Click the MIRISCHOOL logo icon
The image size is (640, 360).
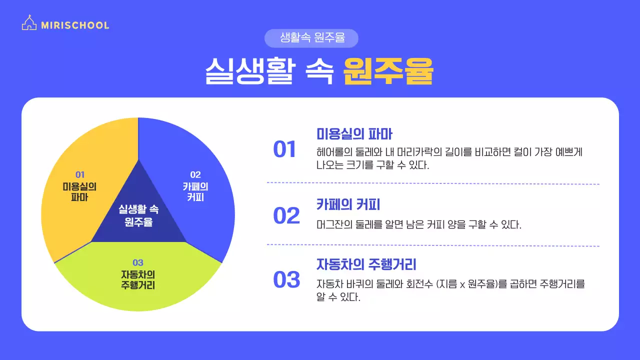tap(29, 23)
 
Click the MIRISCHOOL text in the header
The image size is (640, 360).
tap(75, 25)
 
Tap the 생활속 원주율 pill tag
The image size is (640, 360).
tap(312, 38)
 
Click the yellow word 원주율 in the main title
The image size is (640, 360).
tap(388, 73)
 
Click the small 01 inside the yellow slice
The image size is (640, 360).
tap(80, 174)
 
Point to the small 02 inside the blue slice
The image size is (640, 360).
tap(195, 174)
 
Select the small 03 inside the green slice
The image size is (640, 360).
tap(138, 262)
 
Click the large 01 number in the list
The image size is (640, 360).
tap(285, 150)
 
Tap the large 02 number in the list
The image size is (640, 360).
tap(286, 215)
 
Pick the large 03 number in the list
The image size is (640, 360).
tap(286, 279)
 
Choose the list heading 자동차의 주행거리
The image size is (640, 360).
tap(366, 263)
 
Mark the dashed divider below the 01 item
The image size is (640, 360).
tap(433, 183)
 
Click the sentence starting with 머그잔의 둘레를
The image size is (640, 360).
tap(419, 224)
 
